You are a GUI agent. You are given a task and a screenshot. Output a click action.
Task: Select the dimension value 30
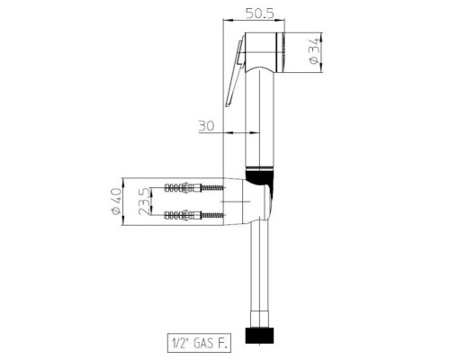tap(205, 127)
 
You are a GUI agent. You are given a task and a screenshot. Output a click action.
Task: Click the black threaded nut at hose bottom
tap(260, 335)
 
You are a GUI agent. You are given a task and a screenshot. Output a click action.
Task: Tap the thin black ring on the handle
tap(259, 171)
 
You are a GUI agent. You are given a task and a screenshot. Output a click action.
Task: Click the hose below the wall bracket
tap(260, 279)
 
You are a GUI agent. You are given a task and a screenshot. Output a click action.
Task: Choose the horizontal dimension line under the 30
tap(220, 134)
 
